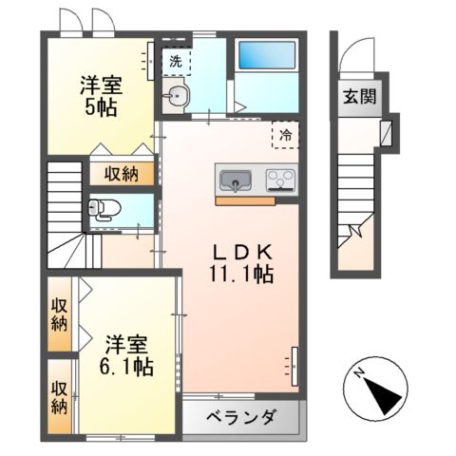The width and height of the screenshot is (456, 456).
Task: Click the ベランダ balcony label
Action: click(241, 417)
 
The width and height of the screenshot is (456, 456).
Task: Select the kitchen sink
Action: click(235, 179)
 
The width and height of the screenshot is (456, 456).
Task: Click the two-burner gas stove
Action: click(281, 179)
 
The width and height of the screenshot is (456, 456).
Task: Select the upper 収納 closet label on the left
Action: click(60, 313)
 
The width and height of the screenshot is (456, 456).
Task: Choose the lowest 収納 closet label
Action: click(60, 397)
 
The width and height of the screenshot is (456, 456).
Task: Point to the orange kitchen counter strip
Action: click(245, 200)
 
